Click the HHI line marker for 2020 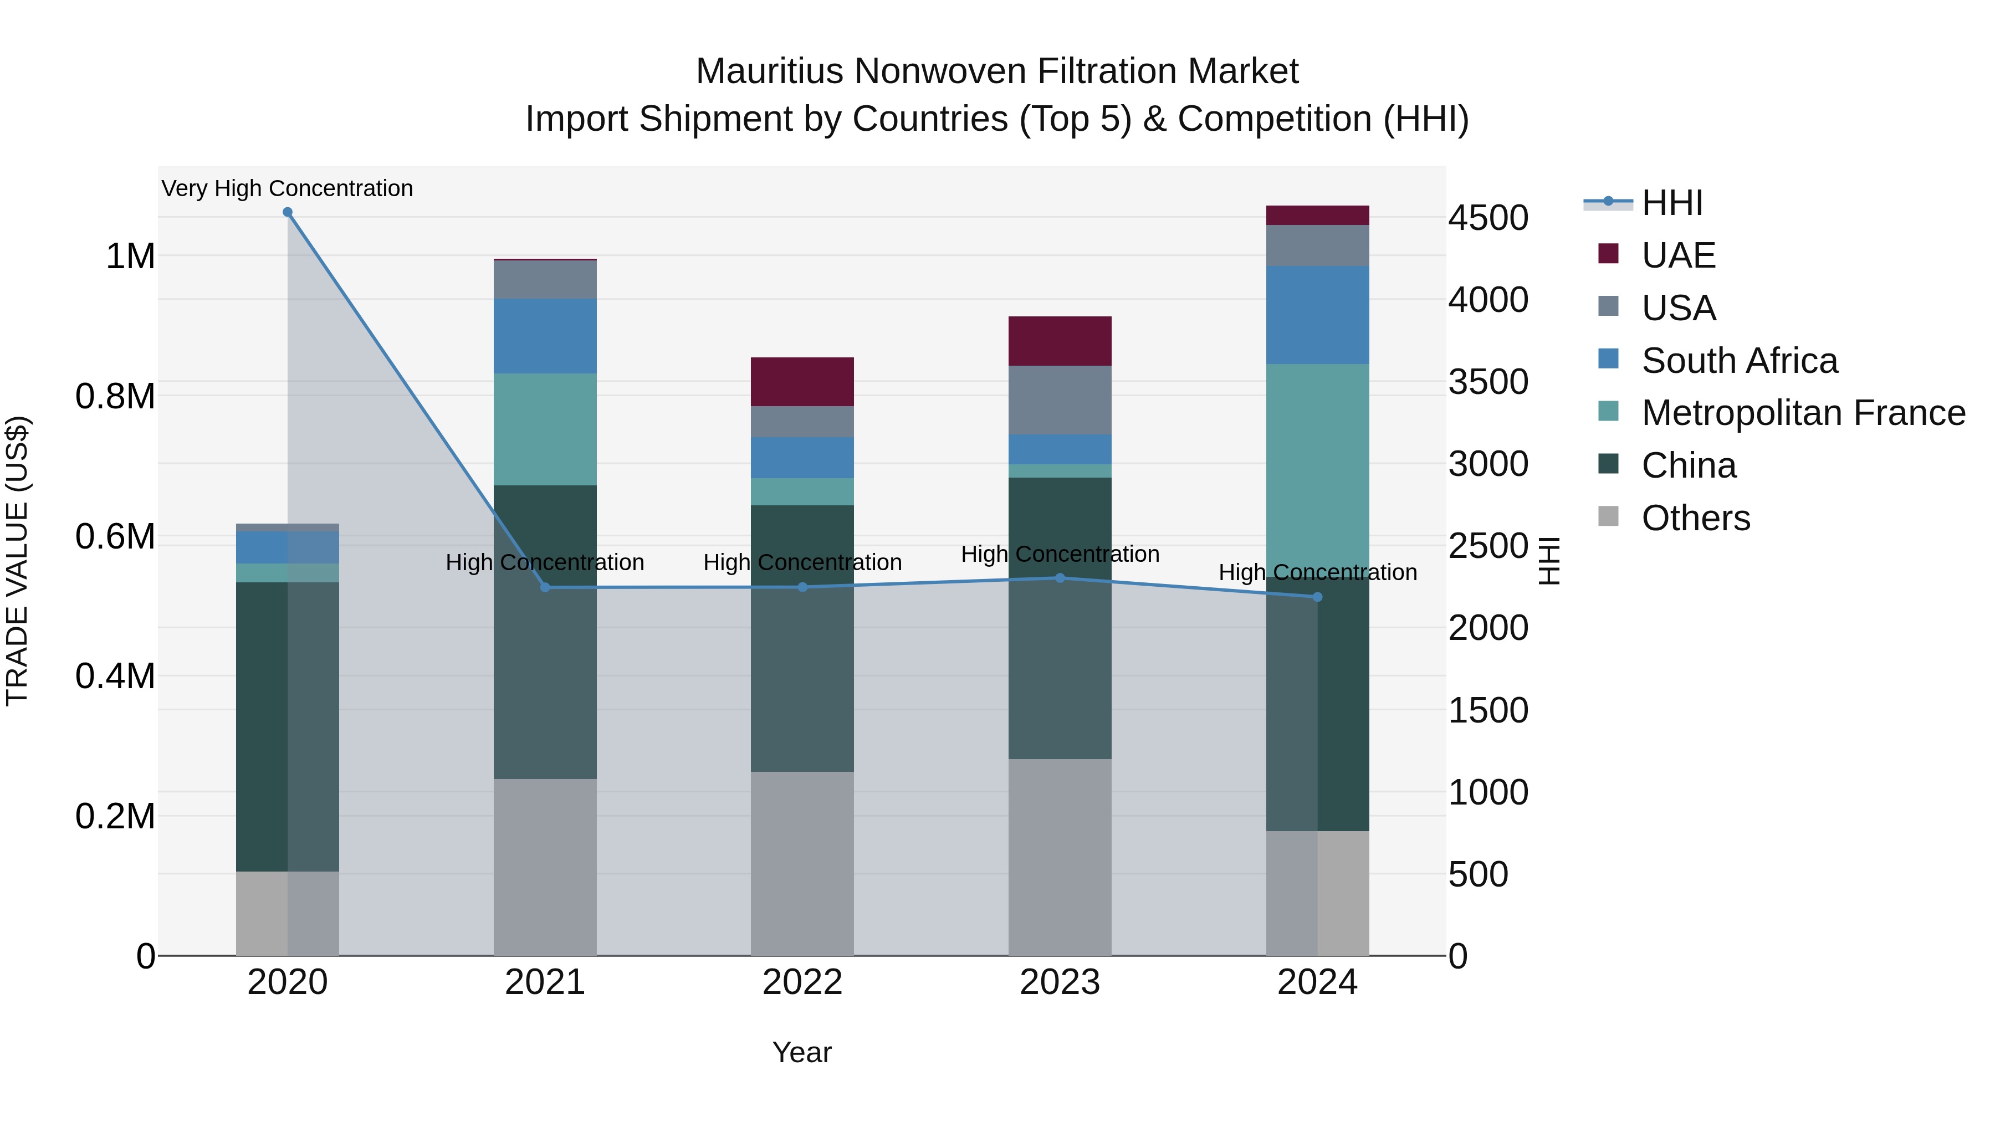pyautogui.click(x=287, y=212)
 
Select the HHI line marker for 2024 pyautogui.click(x=1317, y=597)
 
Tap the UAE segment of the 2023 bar pyautogui.click(x=1060, y=341)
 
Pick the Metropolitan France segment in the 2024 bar pyautogui.click(x=1317, y=465)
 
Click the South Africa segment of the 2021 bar pyautogui.click(x=545, y=336)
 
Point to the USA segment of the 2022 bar pyautogui.click(x=802, y=422)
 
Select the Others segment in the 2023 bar pyautogui.click(x=1060, y=857)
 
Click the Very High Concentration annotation pyautogui.click(x=287, y=188)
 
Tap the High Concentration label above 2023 pyautogui.click(x=1060, y=555)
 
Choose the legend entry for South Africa pyautogui.click(x=1738, y=361)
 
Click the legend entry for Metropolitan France pyautogui.click(x=1803, y=413)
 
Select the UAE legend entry pyautogui.click(x=1678, y=255)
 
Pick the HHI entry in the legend pyautogui.click(x=1671, y=203)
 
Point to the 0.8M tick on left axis pyautogui.click(x=115, y=397)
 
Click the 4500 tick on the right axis pyautogui.click(x=1488, y=218)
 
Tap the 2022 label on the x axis pyautogui.click(x=802, y=982)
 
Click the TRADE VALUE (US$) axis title pyautogui.click(x=17, y=561)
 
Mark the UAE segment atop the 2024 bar pyautogui.click(x=1317, y=216)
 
